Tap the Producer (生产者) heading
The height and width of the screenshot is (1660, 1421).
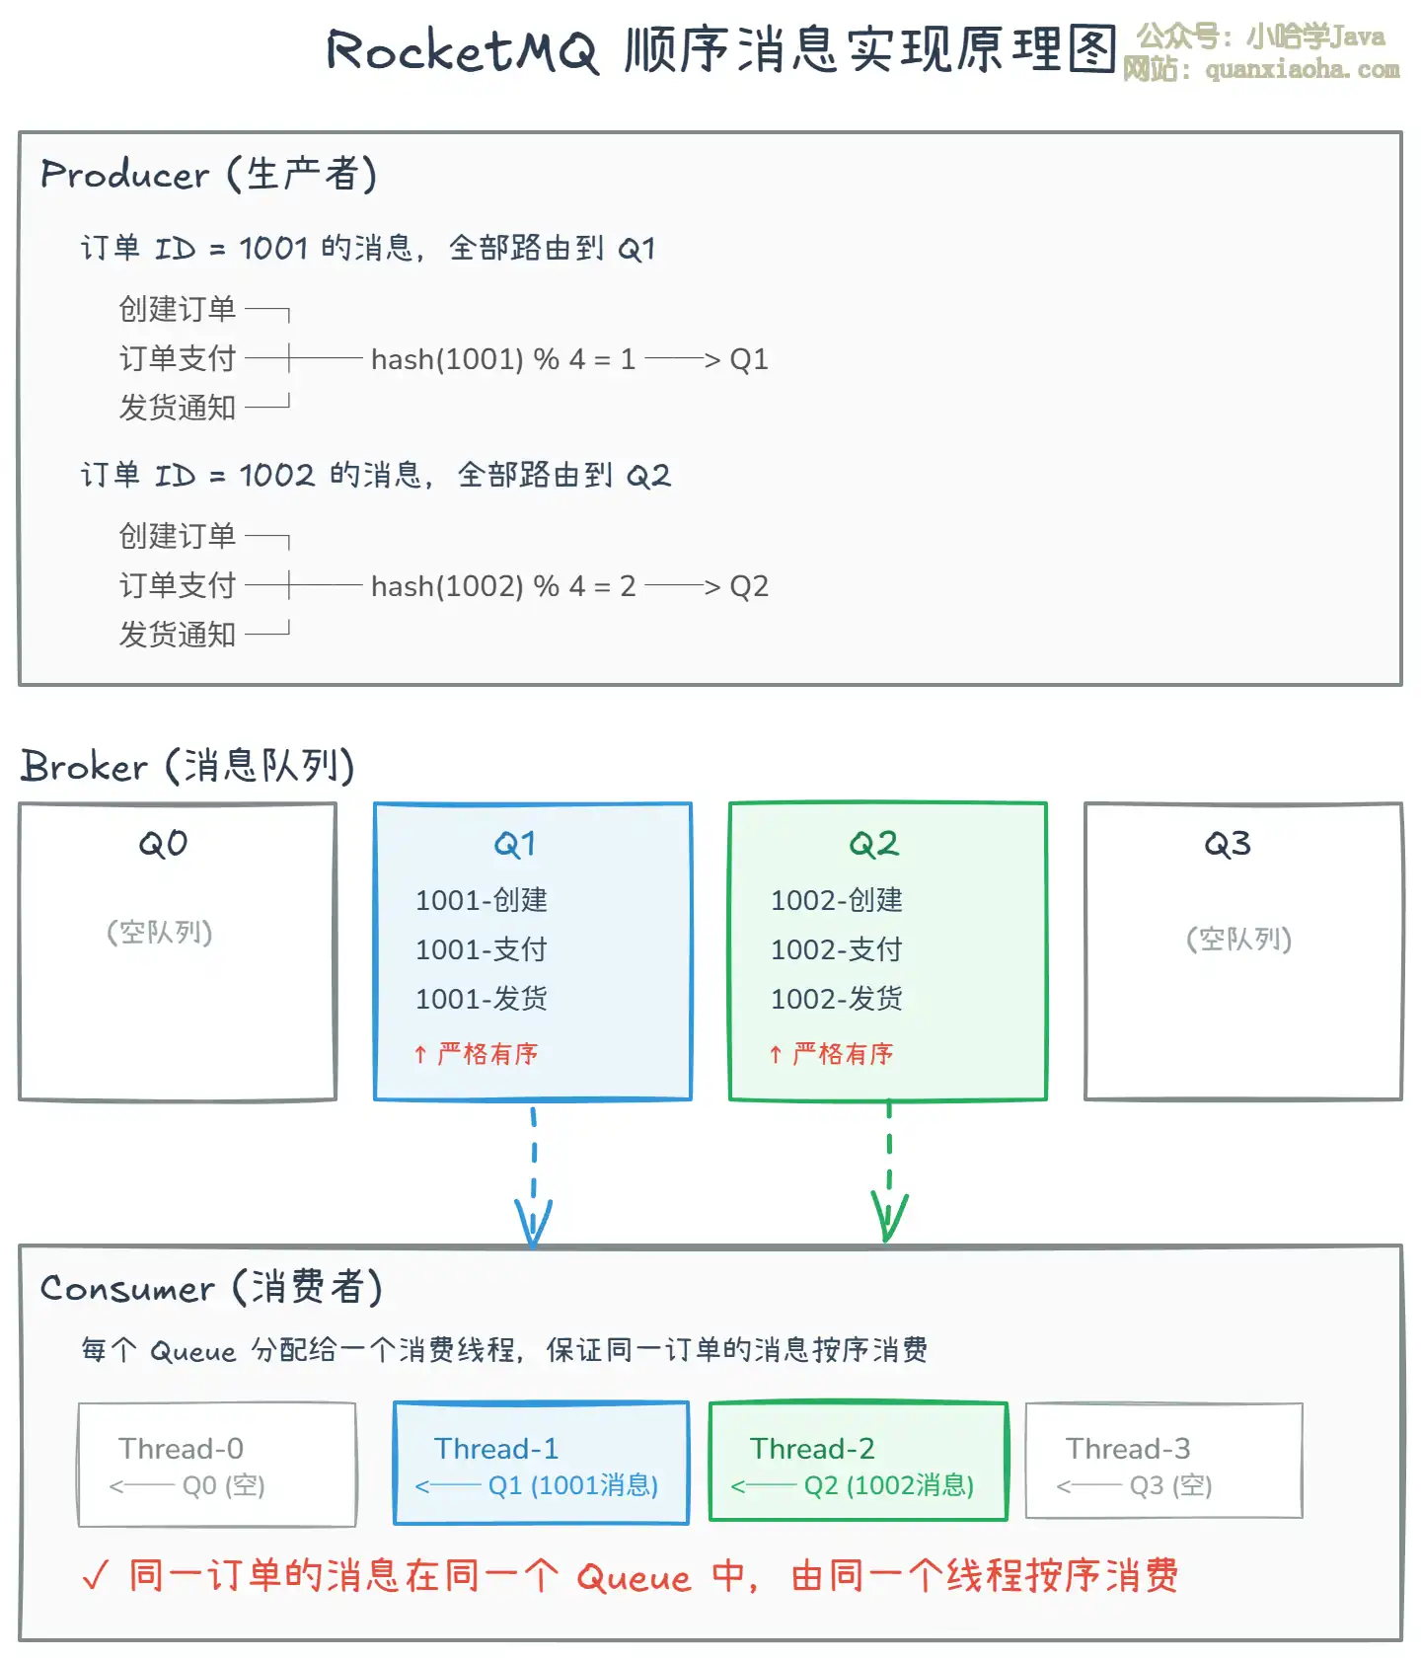(x=208, y=175)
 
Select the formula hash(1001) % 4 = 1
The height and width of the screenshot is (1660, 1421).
(x=502, y=359)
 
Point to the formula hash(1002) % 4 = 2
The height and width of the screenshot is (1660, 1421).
(x=502, y=586)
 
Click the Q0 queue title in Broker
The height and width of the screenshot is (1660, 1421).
(x=163, y=844)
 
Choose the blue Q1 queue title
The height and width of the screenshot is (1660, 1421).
(x=514, y=844)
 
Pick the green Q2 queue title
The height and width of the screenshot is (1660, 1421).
(x=873, y=844)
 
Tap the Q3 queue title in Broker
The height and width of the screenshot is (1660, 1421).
(x=1228, y=844)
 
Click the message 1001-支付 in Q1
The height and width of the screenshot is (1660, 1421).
(x=481, y=949)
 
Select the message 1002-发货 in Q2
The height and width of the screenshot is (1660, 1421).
(x=836, y=999)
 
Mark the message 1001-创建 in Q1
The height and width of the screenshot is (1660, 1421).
(x=481, y=900)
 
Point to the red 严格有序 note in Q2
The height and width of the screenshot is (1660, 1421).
(x=842, y=1054)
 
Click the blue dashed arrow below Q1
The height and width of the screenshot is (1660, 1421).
(x=534, y=1174)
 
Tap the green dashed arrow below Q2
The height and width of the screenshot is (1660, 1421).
(x=889, y=1174)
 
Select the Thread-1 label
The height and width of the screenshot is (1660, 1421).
(x=496, y=1449)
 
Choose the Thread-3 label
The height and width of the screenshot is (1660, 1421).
(x=1128, y=1449)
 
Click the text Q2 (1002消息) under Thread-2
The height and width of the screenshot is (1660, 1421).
(x=888, y=1485)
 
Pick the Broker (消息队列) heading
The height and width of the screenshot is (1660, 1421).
(x=187, y=766)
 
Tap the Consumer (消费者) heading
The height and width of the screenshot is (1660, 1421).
(x=210, y=1288)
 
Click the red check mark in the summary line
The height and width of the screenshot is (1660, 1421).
(x=96, y=1576)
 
